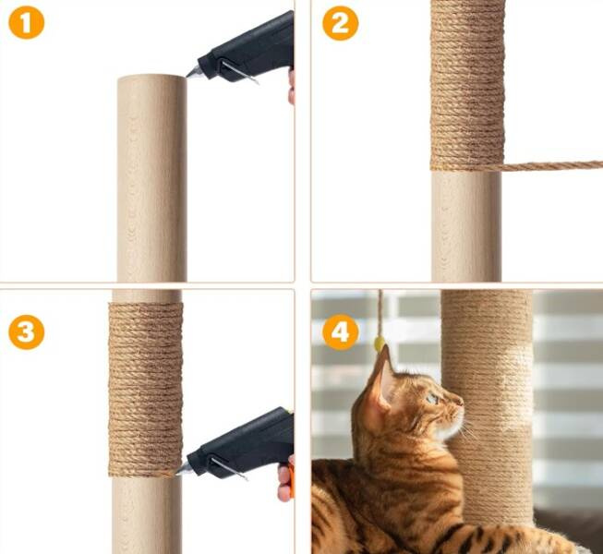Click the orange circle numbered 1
point(26,21)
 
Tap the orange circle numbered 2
point(341,23)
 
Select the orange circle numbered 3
point(26,332)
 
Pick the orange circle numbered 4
point(341,332)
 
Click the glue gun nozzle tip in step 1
point(187,77)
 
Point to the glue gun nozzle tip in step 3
point(177,474)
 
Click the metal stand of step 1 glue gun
point(239,72)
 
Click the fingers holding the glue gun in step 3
point(286,479)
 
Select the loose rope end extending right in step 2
point(553,165)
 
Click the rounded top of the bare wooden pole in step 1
point(151,79)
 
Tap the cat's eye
point(433,399)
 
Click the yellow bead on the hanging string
point(380,343)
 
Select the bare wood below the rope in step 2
point(466,226)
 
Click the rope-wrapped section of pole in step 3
point(145,390)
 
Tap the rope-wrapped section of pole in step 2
point(467,85)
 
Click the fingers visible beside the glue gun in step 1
point(292,88)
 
